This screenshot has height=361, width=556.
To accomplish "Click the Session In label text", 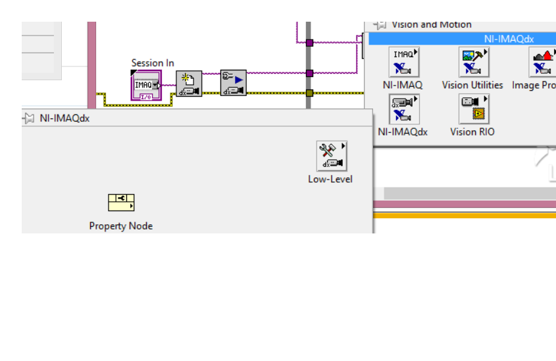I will tap(153, 63).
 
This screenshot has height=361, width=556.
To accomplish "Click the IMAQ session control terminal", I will tap(146, 85).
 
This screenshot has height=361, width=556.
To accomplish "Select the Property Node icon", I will tap(121, 203).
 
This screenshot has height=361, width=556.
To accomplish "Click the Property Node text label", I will tap(121, 226).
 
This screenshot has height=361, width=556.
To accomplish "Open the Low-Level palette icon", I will tap(331, 156).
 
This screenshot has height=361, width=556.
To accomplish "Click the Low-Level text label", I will tap(330, 179).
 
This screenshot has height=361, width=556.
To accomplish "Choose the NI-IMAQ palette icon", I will tap(403, 62).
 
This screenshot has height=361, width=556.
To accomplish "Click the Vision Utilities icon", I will tap(473, 62).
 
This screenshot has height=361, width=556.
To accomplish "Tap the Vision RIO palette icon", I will tap(473, 108).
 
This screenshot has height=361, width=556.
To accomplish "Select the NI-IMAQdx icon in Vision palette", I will tap(403, 108).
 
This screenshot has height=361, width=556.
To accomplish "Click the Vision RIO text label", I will tap(472, 132).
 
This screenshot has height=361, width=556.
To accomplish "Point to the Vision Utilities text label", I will tap(472, 85).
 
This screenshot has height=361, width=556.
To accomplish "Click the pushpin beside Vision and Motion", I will tap(380, 24).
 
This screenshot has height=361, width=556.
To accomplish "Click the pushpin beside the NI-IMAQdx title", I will tap(29, 118).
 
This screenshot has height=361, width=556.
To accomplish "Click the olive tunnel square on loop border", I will tap(309, 93).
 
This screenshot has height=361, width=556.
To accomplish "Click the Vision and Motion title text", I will tap(432, 24).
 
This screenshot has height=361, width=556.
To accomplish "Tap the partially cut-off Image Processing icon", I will tap(542, 62).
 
